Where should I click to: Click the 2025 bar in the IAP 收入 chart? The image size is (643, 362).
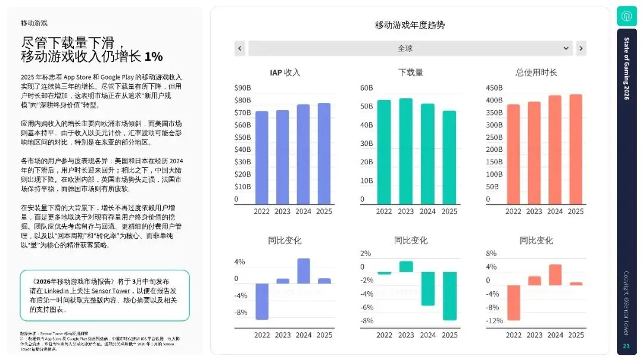(x=324, y=154)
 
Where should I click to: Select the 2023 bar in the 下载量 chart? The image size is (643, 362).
(x=405, y=151)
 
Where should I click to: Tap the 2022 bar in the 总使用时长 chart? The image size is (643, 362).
(x=513, y=154)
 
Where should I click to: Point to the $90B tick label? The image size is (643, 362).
(x=242, y=88)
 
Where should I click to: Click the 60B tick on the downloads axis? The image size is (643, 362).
(x=366, y=88)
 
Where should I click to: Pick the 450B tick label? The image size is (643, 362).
(x=494, y=88)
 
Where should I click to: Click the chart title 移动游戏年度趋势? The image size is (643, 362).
(x=410, y=25)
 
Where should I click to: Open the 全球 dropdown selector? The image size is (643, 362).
(x=410, y=48)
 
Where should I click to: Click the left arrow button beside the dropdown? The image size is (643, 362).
(x=240, y=48)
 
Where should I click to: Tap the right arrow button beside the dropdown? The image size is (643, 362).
(x=581, y=48)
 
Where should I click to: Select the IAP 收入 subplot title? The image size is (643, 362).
(x=285, y=73)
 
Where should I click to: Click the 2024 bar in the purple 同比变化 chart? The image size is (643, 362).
(x=304, y=271)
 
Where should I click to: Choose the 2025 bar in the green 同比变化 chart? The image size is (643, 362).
(x=450, y=296)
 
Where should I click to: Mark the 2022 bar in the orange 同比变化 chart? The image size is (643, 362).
(x=513, y=302)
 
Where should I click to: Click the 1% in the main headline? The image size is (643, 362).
(x=153, y=57)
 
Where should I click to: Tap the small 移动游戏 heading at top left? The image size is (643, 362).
(x=34, y=23)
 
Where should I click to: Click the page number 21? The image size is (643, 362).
(x=626, y=346)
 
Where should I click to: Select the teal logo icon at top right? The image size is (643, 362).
(x=626, y=15)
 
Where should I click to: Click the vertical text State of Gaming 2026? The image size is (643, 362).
(x=626, y=68)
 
